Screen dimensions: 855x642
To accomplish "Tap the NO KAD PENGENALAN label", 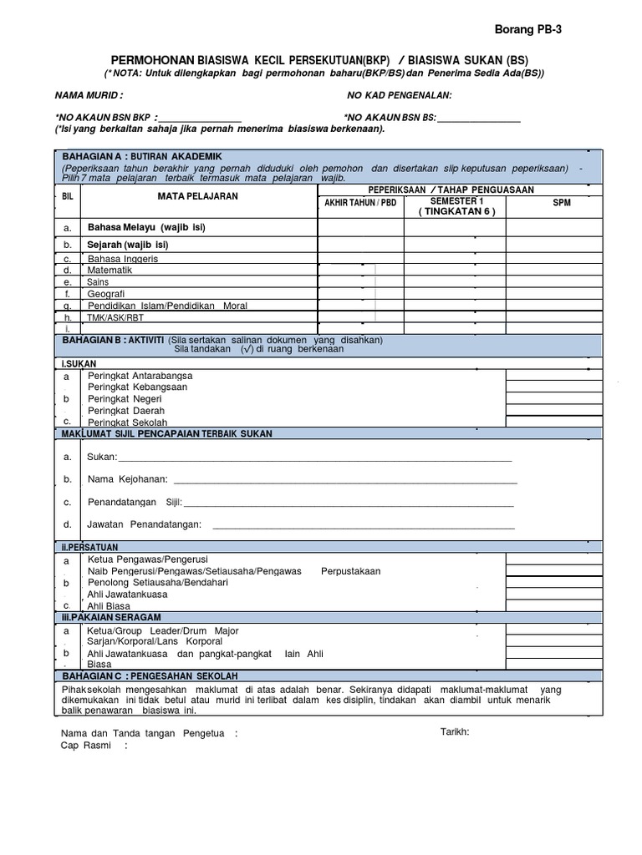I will coord(399,96).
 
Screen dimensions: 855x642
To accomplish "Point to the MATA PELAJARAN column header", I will coord(198,196).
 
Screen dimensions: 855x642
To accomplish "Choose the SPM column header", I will coord(562,203).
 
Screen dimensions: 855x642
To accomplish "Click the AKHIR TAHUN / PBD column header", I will coord(360,203).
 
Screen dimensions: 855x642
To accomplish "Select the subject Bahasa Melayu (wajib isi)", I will coord(146,227).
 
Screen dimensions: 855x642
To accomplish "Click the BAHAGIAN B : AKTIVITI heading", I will coord(111,340).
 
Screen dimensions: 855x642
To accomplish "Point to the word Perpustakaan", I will coord(350,571).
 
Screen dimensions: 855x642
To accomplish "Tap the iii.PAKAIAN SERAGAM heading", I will coord(111,616).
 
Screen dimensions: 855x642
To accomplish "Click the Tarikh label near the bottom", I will coord(455,731).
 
